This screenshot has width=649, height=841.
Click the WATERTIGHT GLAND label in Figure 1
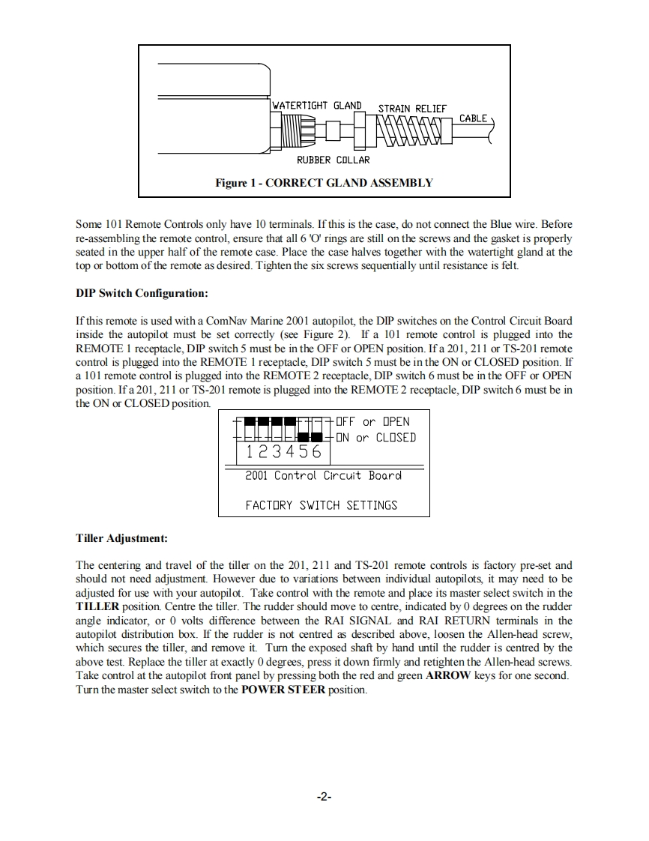[316, 105]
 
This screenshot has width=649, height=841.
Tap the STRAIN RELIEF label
[411, 109]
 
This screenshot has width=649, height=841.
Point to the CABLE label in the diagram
[473, 118]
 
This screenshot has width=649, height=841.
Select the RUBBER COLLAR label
[333, 160]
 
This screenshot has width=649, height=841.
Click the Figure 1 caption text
[324, 182]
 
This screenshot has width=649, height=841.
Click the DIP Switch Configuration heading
[142, 292]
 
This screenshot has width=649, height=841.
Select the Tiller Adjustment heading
[121, 538]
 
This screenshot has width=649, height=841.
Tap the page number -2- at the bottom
[324, 797]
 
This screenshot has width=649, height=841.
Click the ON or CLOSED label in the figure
[375, 437]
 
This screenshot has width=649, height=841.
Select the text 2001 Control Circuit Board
[323, 475]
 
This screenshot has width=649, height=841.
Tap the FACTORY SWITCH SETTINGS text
[322, 505]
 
